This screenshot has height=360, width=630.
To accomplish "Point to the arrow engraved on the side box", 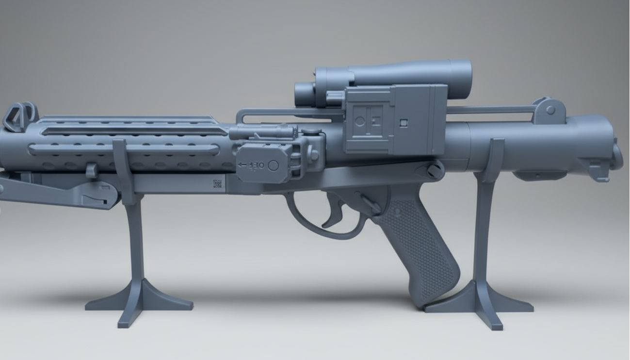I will point(242,165).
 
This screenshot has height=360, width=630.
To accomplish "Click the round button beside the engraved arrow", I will point(274,165).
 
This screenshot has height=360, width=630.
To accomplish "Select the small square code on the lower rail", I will point(217,183).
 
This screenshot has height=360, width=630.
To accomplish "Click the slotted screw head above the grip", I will point(434,170).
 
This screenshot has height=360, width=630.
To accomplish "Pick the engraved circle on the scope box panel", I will point(360,121).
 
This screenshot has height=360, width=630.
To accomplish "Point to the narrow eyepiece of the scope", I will point(303,94).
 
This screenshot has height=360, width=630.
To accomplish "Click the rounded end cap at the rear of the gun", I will point(616,155).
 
